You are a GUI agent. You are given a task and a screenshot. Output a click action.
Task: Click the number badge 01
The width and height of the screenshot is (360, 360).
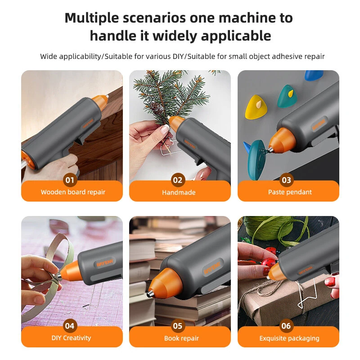(70, 180)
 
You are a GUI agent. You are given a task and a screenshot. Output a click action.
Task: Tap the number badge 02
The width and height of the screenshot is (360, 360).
(178, 180)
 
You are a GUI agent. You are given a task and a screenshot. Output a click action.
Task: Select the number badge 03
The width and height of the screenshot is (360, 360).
(286, 180)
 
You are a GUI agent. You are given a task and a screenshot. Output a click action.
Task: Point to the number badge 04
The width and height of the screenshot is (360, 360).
(70, 325)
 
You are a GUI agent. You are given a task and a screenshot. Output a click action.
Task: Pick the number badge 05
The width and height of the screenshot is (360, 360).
(178, 325)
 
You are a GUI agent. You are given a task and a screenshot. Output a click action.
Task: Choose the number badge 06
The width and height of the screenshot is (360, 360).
(286, 325)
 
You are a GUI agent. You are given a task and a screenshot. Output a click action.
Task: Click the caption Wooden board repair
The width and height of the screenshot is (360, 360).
(73, 192)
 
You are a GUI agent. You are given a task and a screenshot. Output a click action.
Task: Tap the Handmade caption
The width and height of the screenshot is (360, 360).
(179, 193)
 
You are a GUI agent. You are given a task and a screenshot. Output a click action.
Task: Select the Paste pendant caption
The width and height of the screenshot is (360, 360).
(290, 192)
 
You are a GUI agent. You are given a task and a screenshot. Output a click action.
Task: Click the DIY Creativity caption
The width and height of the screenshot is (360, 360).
(71, 338)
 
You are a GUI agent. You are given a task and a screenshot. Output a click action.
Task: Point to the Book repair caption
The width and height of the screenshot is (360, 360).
(181, 338)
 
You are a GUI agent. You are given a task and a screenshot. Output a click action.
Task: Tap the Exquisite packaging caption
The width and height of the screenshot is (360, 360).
(289, 338)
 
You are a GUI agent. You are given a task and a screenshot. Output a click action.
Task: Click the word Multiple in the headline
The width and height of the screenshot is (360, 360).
(92, 18)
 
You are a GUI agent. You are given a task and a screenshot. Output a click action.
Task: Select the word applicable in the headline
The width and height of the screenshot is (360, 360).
(236, 36)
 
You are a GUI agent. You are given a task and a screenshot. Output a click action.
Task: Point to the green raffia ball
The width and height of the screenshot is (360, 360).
(264, 228)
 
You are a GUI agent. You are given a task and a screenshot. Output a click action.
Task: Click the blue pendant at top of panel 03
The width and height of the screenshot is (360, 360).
(314, 75)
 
